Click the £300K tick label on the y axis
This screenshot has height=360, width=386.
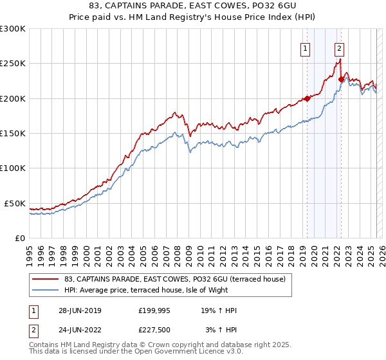13,29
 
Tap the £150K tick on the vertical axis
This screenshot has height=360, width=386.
13,133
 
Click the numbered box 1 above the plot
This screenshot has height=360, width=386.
304,47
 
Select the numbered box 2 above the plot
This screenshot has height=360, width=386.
338,47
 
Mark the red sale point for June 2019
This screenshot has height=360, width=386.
307,98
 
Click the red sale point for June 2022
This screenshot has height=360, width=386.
341,79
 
